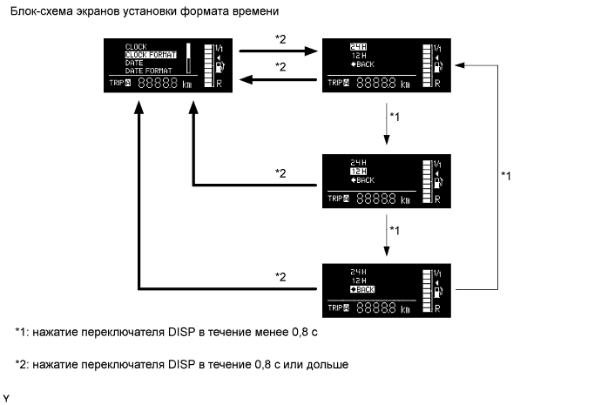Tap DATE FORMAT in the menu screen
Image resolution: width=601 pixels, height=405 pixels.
click(x=146, y=70)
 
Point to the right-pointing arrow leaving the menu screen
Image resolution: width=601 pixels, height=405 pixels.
click(x=306, y=52)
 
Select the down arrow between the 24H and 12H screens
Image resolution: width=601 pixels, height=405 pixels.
click(x=384, y=132)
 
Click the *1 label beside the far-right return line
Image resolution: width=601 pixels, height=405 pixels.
click(x=508, y=176)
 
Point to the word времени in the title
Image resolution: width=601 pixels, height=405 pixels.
click(x=255, y=11)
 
